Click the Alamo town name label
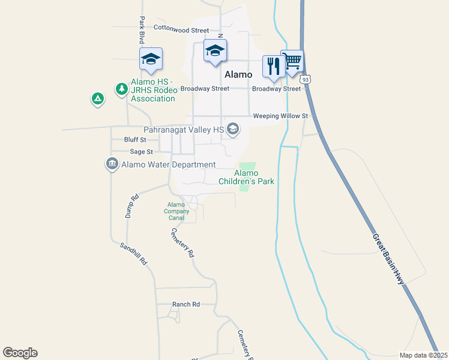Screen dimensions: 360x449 [x=238, y=74]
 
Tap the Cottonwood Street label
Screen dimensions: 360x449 [x=181, y=29]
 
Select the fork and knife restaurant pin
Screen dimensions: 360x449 [x=273, y=67]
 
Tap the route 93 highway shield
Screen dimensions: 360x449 [x=306, y=79]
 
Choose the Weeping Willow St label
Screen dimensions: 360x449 [x=280, y=116]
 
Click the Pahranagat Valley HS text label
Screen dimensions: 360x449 [x=184, y=129]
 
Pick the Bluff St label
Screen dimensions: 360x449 [x=135, y=139]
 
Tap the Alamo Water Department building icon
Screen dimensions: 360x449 [x=112, y=164]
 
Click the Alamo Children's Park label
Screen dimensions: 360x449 [x=246, y=177]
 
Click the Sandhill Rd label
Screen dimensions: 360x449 [x=133, y=254]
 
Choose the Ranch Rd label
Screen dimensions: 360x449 [x=186, y=304]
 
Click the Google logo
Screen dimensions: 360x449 [x=20, y=353]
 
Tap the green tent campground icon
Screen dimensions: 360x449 [x=97, y=98]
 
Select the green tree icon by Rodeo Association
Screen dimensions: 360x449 [x=122, y=89]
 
